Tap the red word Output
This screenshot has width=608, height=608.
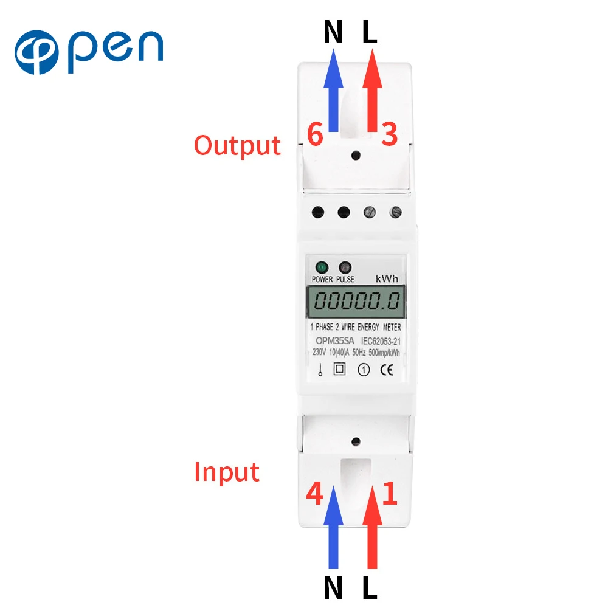click(x=237, y=146)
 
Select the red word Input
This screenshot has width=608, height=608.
click(x=227, y=472)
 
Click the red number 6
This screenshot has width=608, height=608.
click(x=315, y=134)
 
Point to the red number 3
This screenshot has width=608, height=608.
click(x=389, y=134)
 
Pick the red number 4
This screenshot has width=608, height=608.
click(x=314, y=494)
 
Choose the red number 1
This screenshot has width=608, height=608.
click(x=390, y=494)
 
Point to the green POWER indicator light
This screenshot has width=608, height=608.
click(x=321, y=267)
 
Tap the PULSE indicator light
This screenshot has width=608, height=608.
click(x=345, y=267)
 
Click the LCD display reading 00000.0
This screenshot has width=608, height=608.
click(x=357, y=301)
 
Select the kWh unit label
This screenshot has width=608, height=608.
click(x=387, y=278)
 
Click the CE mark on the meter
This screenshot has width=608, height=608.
click(x=387, y=369)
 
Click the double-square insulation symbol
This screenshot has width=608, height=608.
click(x=340, y=369)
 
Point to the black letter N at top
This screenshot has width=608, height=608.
click(x=333, y=34)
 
